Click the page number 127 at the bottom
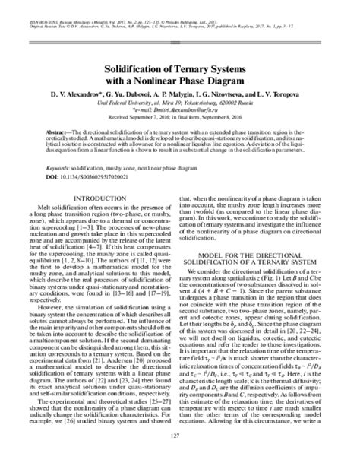(x=180, y=456)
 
